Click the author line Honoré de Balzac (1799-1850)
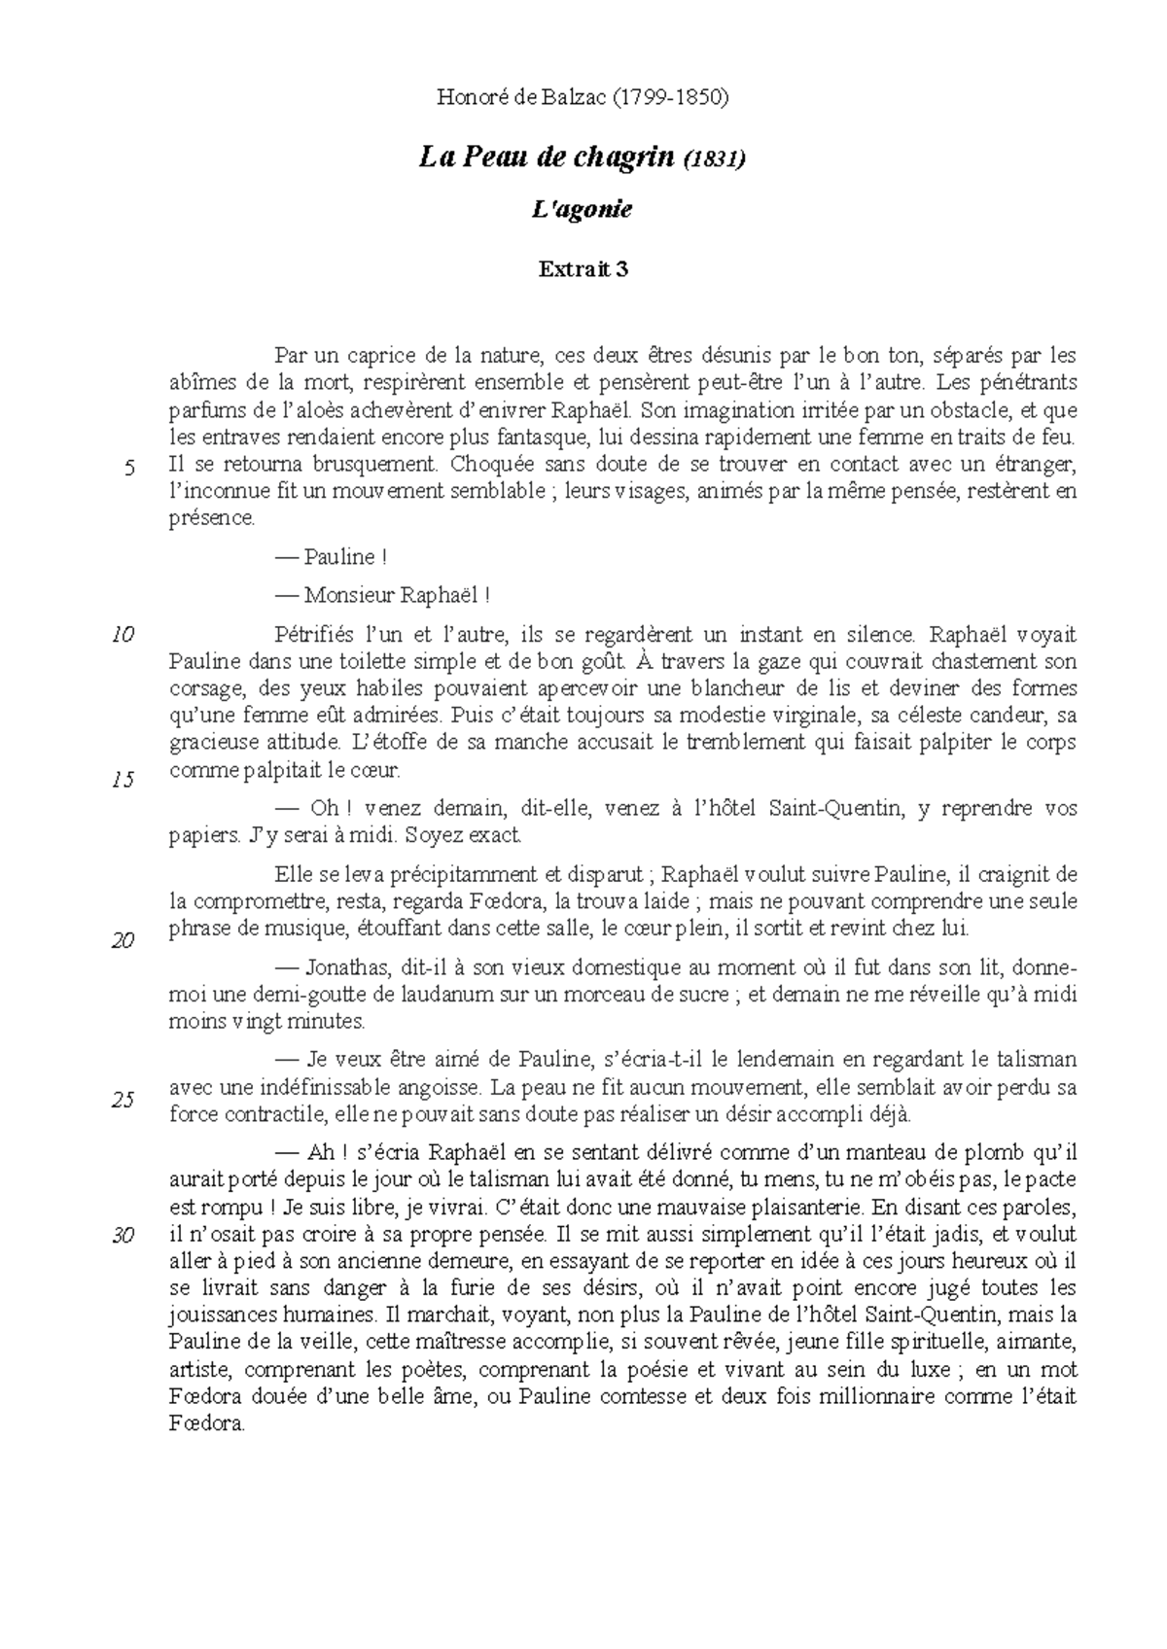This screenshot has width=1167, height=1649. [x=583, y=97]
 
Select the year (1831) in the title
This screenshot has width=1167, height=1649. [x=715, y=158]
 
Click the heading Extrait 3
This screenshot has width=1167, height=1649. [x=583, y=270]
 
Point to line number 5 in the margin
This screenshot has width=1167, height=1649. [x=128, y=470]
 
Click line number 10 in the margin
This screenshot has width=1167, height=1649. [x=123, y=636]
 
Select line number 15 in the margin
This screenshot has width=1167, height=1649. [x=123, y=780]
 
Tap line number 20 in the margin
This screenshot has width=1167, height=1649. [x=123, y=941]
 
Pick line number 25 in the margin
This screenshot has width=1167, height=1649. [x=123, y=1102]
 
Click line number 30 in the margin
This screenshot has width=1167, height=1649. [x=123, y=1237]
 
